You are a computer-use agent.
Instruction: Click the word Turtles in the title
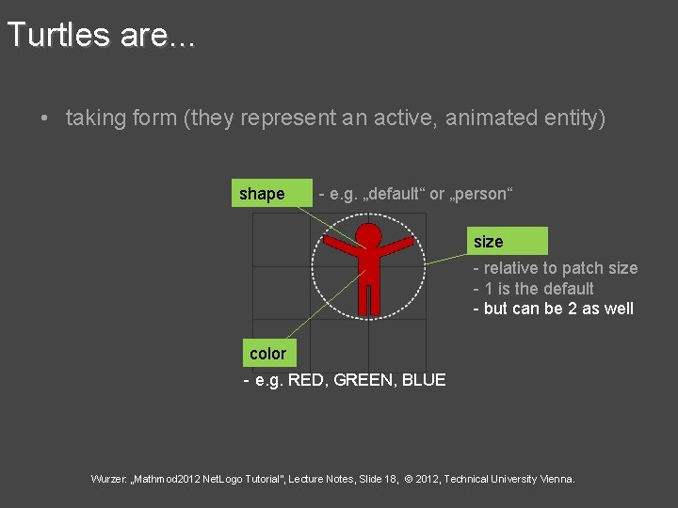pyautogui.click(x=58, y=35)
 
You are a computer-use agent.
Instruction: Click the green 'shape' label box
pyautogui.click(x=272, y=193)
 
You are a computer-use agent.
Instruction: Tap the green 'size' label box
pyautogui.click(x=509, y=241)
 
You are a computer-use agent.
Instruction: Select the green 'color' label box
pyautogui.click(x=268, y=354)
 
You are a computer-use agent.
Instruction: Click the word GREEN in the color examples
pyautogui.click(x=363, y=380)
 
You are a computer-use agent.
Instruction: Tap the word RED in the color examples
pyautogui.click(x=305, y=380)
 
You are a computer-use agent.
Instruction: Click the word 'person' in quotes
pyautogui.click(x=482, y=194)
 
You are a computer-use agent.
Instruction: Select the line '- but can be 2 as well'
pyautogui.click(x=553, y=309)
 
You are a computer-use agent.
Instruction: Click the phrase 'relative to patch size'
pyautogui.click(x=560, y=268)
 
